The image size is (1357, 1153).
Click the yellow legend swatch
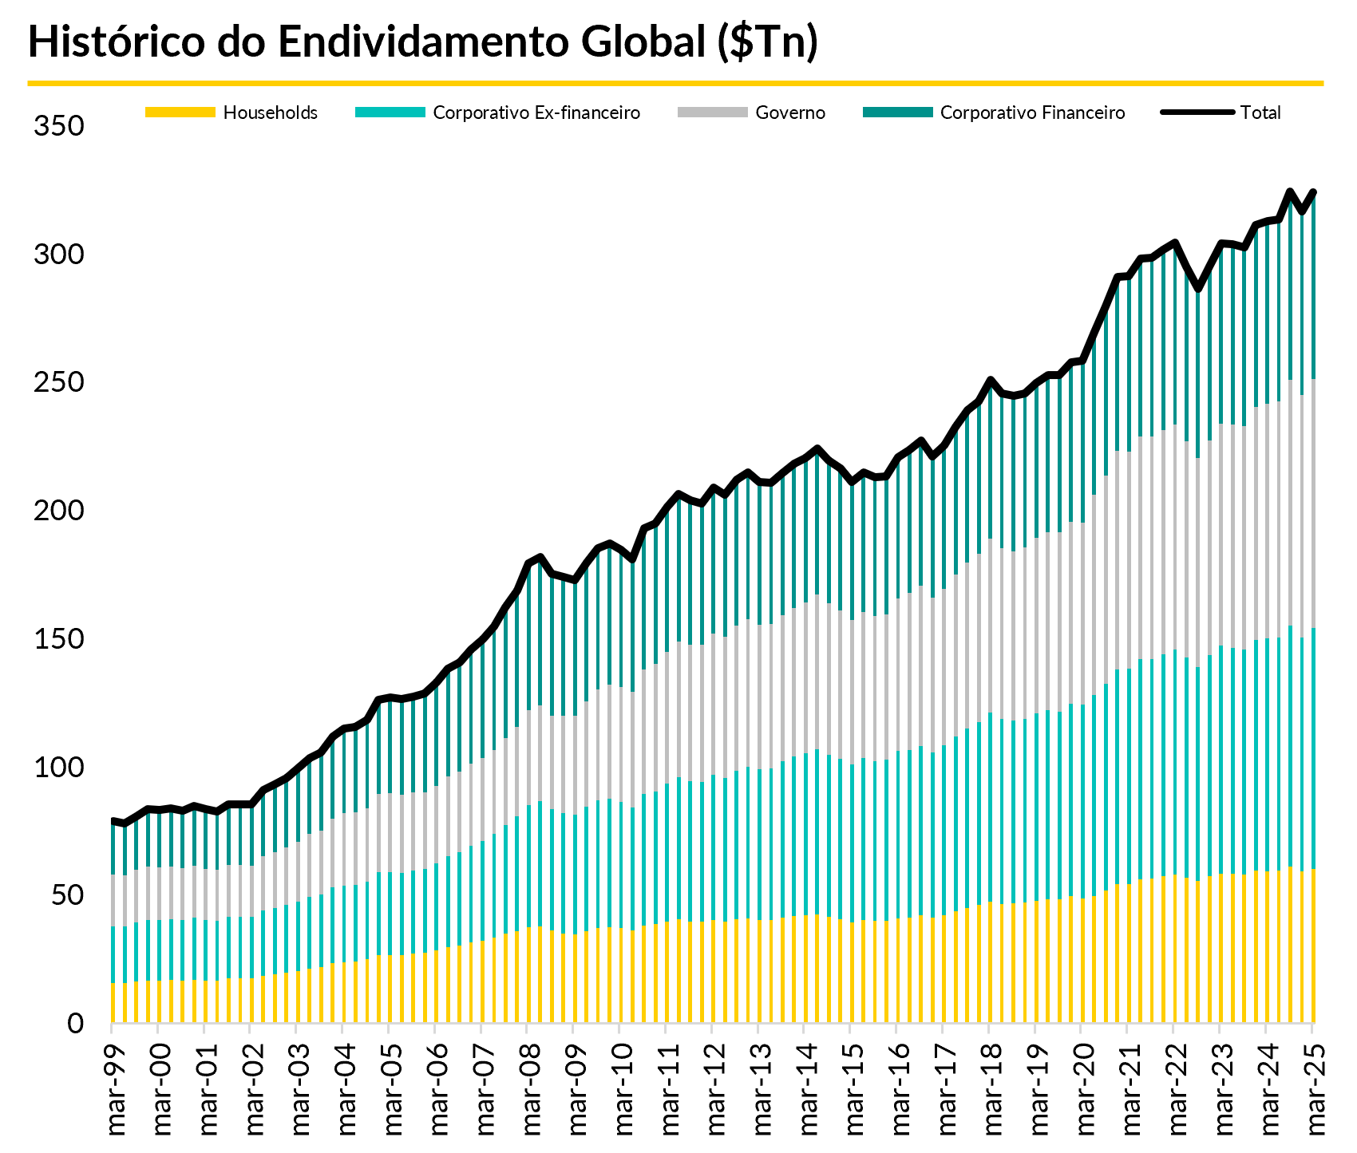pos(180,113)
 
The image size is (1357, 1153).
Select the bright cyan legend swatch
pos(390,113)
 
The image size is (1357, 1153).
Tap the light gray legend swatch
pos(713,113)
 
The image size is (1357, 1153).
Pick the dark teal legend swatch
pos(898,113)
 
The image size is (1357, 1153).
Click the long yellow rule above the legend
pos(675,83)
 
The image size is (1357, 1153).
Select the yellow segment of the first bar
pos(113,1002)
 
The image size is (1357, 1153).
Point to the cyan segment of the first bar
pos(113,954)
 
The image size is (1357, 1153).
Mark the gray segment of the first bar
pos(113,900)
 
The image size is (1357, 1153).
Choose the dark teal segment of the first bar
pos(113,850)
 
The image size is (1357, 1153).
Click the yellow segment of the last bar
pos(1313,946)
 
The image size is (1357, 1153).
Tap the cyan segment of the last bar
pos(1313,748)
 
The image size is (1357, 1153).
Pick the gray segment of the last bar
pos(1313,503)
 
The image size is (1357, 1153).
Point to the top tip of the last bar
pos(1314,198)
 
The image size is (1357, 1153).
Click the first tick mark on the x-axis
pos(112,1029)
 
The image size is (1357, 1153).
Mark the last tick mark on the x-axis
pos(1312,1029)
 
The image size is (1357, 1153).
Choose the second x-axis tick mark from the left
pos(158,1029)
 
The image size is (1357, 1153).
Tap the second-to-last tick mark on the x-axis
pos(1266,1029)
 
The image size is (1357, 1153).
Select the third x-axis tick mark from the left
pos(204,1029)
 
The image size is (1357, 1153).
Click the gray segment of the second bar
pos(125,901)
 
